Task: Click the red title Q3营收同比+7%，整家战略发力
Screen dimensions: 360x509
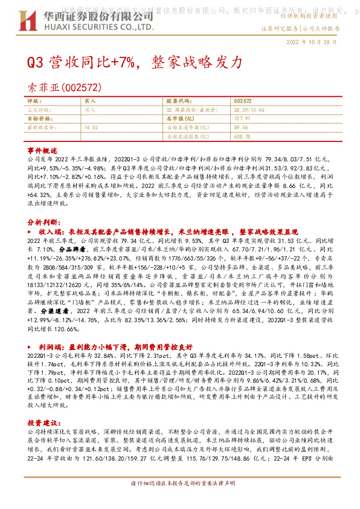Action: (136, 62)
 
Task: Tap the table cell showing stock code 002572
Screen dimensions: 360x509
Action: (242, 102)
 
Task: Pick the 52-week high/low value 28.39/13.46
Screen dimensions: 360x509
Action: (248, 111)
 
